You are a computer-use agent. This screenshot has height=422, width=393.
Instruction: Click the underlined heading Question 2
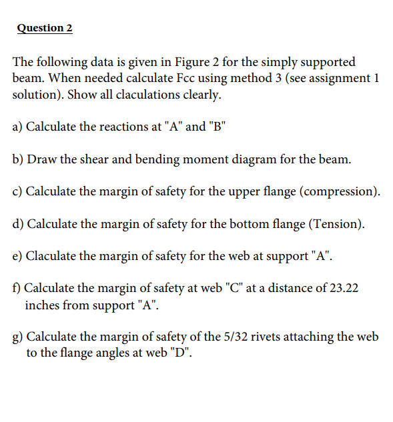pos(45,28)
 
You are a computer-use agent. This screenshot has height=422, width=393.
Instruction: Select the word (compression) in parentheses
pos(340,192)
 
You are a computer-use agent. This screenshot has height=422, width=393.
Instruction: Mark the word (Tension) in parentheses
pos(336,225)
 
